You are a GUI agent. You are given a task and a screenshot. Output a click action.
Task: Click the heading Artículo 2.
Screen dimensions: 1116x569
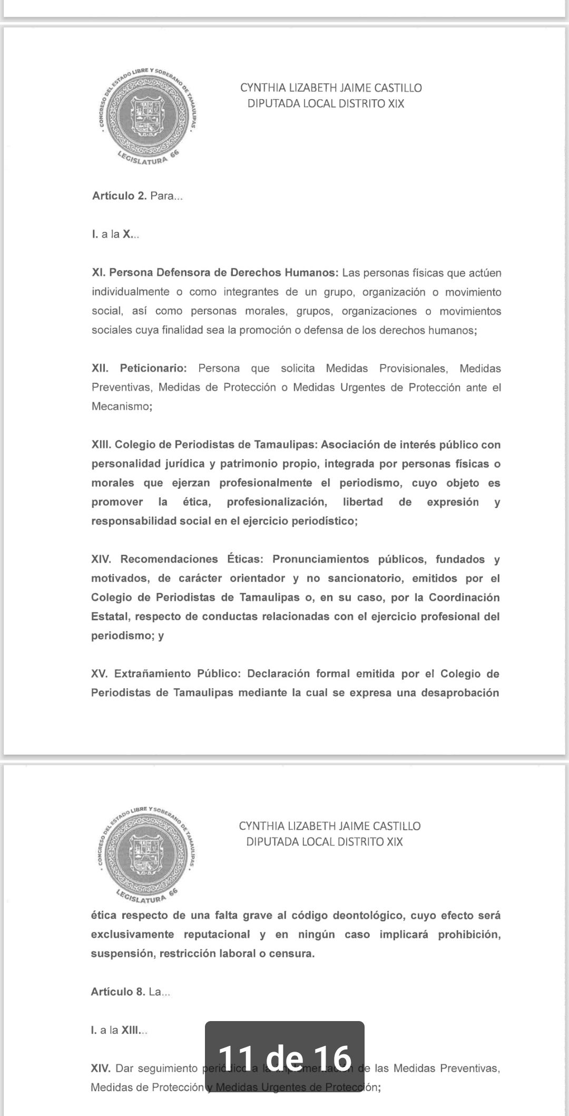pyautogui.click(x=120, y=196)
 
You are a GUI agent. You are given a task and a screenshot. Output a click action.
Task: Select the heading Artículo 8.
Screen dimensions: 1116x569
pyautogui.click(x=118, y=992)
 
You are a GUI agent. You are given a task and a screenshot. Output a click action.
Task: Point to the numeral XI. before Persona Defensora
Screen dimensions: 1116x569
pyautogui.click(x=99, y=273)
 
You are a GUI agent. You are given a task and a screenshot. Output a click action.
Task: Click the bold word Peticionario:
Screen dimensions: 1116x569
pyautogui.click(x=153, y=368)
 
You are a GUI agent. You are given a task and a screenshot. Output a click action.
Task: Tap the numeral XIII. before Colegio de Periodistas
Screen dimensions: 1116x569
pyautogui.click(x=101, y=445)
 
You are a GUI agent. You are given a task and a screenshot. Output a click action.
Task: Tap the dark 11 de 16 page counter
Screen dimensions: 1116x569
pyautogui.click(x=284, y=1057)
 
